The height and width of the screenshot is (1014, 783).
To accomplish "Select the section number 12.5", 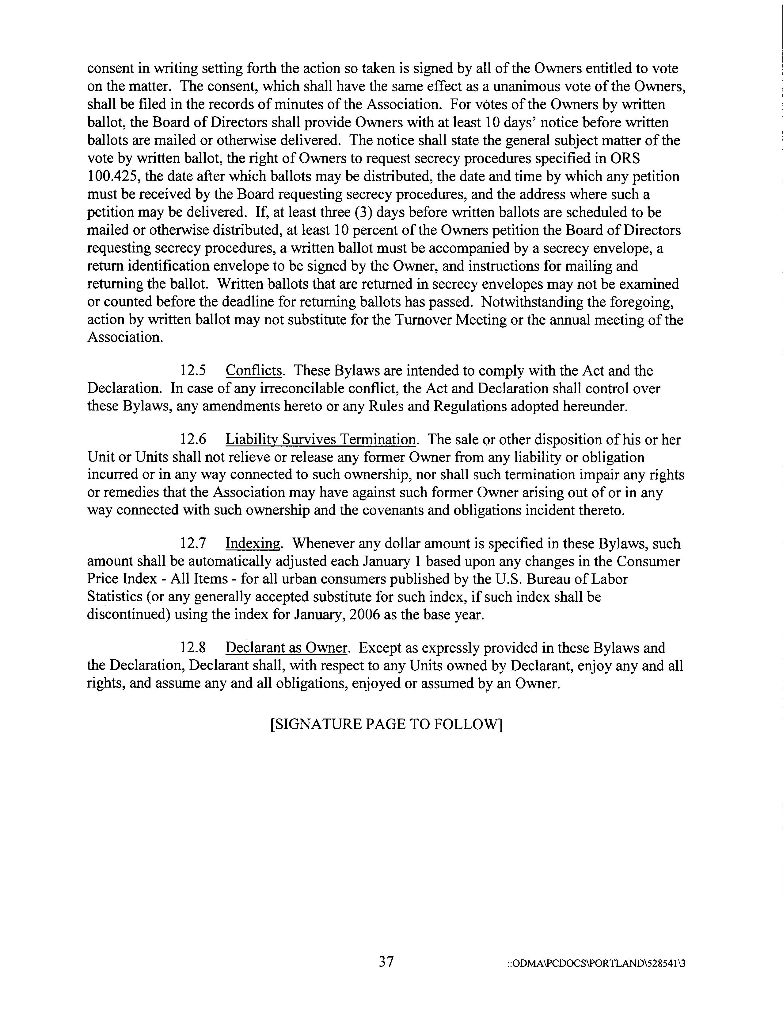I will (193, 371).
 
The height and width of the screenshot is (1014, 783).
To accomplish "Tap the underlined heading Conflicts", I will (254, 371).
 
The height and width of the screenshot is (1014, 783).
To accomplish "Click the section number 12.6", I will (193, 439).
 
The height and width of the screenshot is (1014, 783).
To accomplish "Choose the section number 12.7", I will (193, 544).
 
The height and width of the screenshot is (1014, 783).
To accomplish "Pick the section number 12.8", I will (193, 648).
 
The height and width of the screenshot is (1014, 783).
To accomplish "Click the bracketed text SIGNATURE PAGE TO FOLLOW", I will (386, 725).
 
